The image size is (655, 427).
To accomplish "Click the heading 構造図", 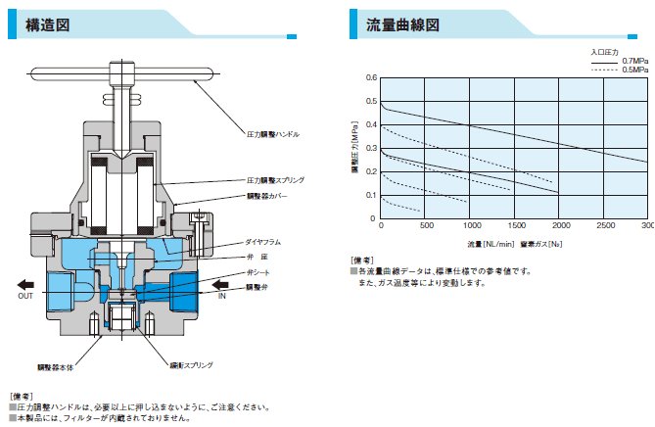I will click(47, 26).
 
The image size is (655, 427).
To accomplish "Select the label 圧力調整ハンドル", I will click(273, 132).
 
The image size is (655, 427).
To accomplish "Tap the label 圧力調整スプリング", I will click(276, 180).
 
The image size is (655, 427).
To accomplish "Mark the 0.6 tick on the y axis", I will click(371, 77).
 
